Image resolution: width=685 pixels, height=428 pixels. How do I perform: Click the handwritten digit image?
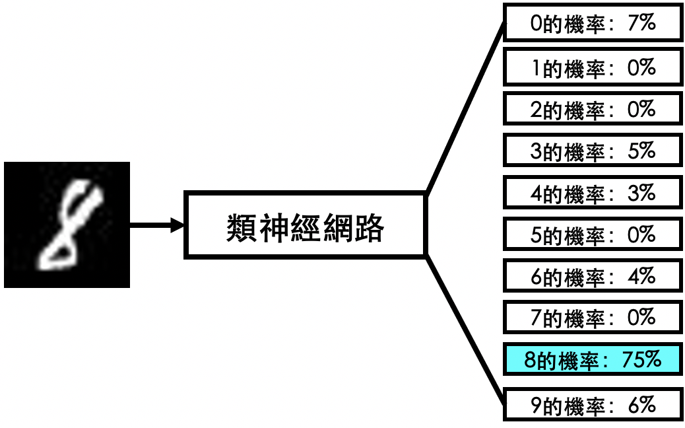click(67, 225)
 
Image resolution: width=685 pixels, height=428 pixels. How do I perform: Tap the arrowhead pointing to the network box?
click(178, 225)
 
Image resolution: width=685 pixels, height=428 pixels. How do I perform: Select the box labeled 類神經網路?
click(305, 225)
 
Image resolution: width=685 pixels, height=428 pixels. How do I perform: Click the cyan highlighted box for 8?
click(593, 359)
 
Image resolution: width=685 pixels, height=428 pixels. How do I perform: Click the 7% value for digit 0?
click(641, 22)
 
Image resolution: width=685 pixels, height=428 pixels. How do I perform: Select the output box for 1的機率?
click(593, 67)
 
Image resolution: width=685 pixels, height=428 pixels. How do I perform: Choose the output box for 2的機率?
click(593, 108)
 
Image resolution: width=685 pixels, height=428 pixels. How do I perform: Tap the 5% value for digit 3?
click(641, 151)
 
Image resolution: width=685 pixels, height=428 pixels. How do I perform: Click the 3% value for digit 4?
click(641, 192)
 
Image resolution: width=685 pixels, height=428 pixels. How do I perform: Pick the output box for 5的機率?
click(593, 234)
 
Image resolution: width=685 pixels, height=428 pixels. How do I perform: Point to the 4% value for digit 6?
click(641, 276)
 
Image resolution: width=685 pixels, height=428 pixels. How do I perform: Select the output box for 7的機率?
click(593, 318)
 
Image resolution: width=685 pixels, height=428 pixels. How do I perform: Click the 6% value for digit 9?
click(641, 406)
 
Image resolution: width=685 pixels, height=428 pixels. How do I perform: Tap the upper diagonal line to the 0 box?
click(466, 107)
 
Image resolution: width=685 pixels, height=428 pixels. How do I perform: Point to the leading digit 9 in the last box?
click(537, 406)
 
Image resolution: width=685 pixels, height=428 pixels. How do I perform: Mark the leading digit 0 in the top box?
click(537, 23)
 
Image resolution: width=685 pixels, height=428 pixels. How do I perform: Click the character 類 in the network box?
click(242, 228)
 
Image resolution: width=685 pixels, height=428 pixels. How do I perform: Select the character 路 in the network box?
click(369, 228)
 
